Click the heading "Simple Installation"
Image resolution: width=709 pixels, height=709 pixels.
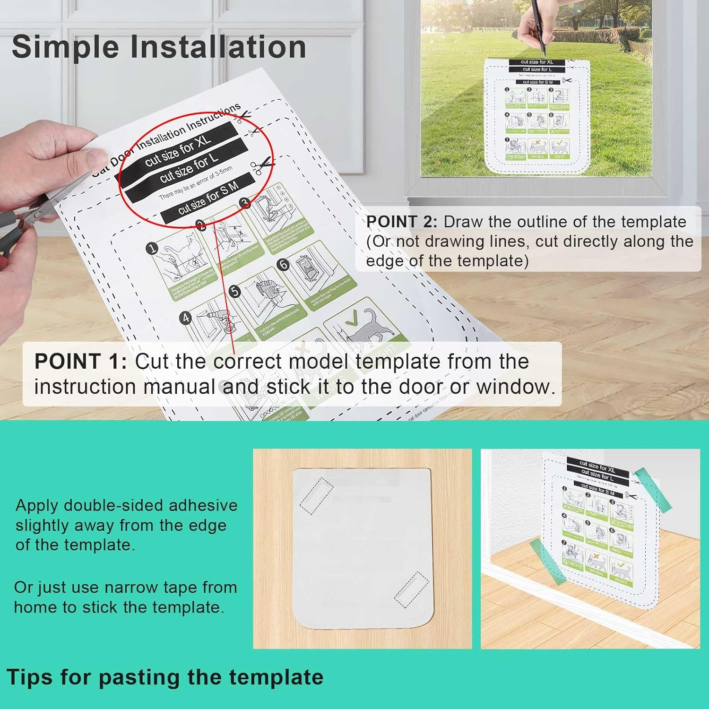click(159, 47)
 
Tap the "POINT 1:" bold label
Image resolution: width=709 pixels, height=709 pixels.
click(80, 362)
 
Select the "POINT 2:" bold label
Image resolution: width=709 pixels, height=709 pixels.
click(402, 222)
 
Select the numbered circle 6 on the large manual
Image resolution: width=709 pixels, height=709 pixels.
click(283, 264)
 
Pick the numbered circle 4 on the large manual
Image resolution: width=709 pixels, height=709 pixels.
click(186, 317)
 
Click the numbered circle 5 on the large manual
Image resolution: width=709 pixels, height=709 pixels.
click(234, 292)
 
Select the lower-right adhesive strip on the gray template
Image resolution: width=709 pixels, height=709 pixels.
click(411, 589)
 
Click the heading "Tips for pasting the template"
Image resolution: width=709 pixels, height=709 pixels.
click(165, 677)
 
